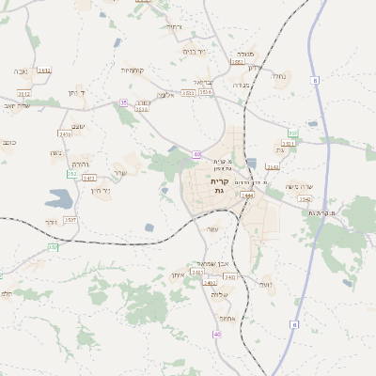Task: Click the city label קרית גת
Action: (219, 184)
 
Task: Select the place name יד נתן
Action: (77, 93)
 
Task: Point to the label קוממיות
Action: (133, 70)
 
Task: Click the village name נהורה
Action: (81, 163)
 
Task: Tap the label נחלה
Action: (278, 76)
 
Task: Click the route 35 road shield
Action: (123, 102)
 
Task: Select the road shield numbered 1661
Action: (237, 62)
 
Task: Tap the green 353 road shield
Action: (293, 133)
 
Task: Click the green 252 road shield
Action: (71, 174)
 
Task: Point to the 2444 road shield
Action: (247, 195)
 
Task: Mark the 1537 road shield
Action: (70, 219)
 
